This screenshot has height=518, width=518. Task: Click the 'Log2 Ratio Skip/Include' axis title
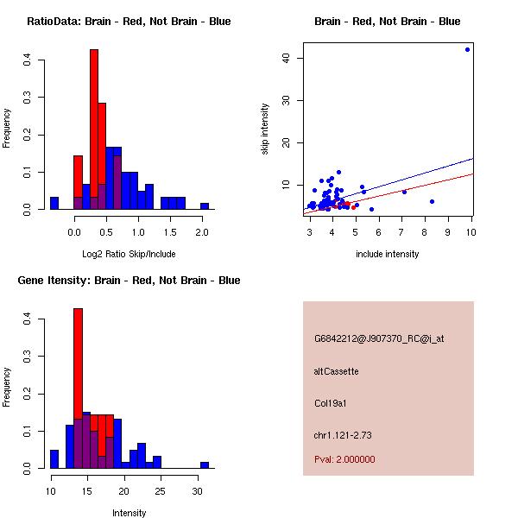click(129, 253)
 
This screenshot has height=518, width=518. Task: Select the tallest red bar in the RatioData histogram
click(94, 129)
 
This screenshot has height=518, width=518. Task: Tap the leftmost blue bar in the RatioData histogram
click(54, 204)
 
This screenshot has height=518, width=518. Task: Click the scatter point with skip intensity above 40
click(467, 49)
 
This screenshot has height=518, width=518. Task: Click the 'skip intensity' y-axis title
click(266, 129)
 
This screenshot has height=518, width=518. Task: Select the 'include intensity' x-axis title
click(388, 254)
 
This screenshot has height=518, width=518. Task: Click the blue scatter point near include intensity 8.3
click(432, 201)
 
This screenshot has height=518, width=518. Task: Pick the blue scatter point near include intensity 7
click(404, 192)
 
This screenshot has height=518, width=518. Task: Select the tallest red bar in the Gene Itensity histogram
click(78, 388)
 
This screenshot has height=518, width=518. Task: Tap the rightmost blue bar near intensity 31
click(205, 464)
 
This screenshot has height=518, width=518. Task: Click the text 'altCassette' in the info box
click(336, 371)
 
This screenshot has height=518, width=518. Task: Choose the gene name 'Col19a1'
click(331, 403)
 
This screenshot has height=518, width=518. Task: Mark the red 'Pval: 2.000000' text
click(344, 459)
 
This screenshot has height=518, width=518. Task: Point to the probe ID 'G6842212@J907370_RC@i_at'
click(379, 339)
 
